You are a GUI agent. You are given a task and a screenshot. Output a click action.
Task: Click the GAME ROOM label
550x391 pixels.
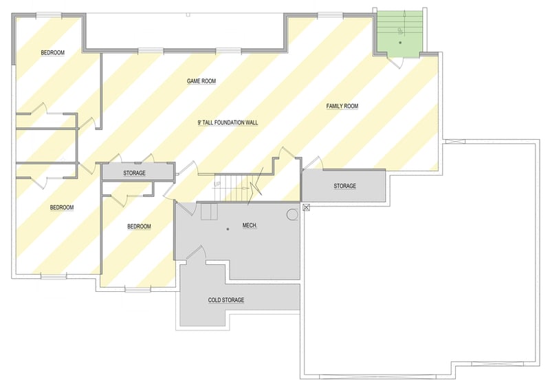coord(201,81)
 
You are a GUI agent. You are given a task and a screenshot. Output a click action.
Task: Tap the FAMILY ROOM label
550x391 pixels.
coord(342,106)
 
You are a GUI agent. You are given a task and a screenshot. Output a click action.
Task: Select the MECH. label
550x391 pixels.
coord(250,226)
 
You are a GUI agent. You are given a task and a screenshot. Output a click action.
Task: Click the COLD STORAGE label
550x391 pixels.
coord(226,300)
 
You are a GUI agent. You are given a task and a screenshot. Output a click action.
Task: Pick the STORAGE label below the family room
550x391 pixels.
coord(344,187)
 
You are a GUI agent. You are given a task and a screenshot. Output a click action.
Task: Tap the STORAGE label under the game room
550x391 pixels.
coord(134,173)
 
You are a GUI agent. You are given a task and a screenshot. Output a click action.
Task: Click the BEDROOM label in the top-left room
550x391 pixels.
coord(52,53)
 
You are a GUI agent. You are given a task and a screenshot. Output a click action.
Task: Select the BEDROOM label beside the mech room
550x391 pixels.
coord(139,226)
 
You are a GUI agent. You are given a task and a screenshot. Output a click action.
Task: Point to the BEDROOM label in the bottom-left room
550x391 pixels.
coord(62,207)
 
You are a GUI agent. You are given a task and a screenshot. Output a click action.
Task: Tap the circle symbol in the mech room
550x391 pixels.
coord(292,215)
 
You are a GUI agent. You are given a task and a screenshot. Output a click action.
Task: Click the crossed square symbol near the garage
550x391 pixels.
coord(307,207)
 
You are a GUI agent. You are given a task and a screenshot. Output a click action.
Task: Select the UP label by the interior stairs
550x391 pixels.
coord(217,184)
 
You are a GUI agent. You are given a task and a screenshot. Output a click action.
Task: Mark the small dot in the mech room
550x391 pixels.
coord(227,229)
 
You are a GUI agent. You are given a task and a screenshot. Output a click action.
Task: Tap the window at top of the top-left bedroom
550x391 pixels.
coord(49,15)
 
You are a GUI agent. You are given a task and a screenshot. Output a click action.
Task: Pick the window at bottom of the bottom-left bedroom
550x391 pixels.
coord(53,277)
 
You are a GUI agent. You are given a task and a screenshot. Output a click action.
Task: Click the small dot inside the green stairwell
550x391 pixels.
coord(400,43)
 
